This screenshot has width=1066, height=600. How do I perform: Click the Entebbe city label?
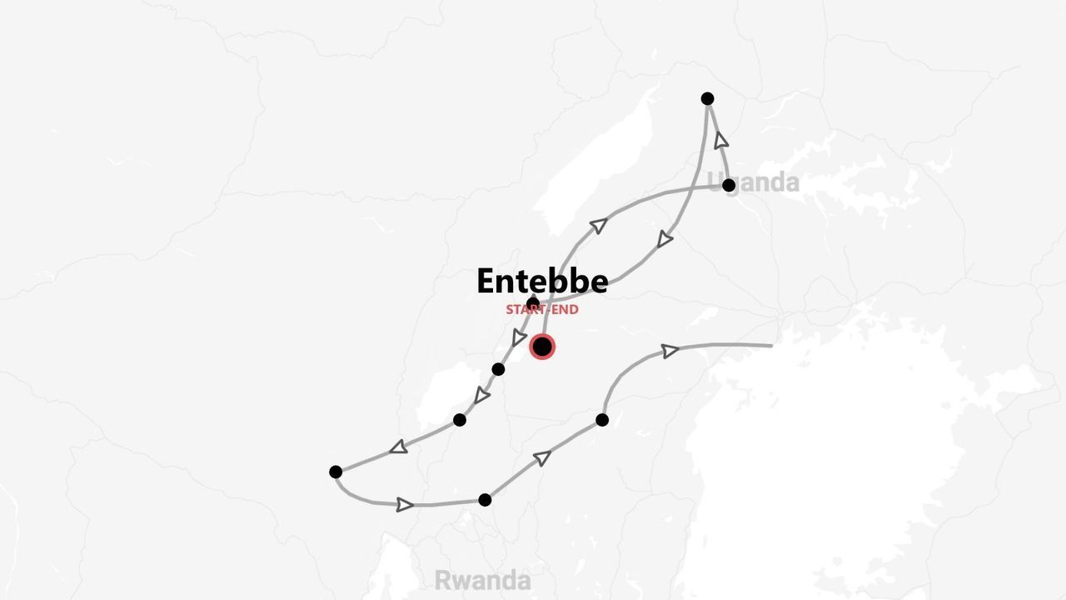542,282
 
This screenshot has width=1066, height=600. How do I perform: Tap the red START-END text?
542,310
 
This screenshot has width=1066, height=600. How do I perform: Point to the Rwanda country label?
482,580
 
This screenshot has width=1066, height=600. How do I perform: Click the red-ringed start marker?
542,347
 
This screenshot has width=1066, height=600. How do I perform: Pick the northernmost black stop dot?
707,98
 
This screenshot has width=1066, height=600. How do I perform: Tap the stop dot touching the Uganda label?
729,185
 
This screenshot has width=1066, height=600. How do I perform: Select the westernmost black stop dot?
336,472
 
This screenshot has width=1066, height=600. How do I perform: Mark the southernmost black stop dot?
485,500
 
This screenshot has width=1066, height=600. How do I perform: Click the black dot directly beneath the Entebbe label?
533,303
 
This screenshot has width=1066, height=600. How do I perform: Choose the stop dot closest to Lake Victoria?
602,419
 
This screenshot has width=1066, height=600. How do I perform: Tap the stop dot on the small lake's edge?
459,419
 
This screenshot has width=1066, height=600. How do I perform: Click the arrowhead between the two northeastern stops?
721,140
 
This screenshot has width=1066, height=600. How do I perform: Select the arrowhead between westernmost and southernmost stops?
405,504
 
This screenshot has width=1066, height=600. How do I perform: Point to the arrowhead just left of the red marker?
519,337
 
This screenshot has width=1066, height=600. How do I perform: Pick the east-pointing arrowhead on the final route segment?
670,351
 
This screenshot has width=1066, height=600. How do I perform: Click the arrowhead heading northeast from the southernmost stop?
542,457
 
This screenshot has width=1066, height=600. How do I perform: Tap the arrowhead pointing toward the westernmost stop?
399,447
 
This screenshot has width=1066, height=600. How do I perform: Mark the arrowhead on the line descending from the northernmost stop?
664,240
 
